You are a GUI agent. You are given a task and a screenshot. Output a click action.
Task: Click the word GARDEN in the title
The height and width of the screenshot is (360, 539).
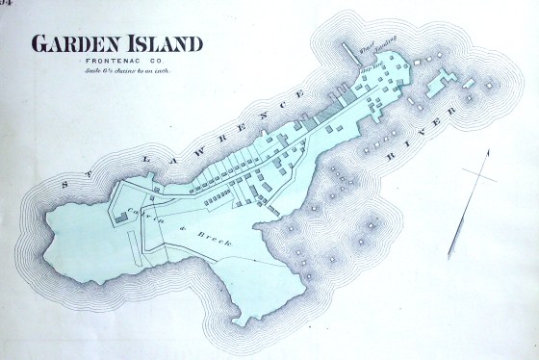pos(74,44)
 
